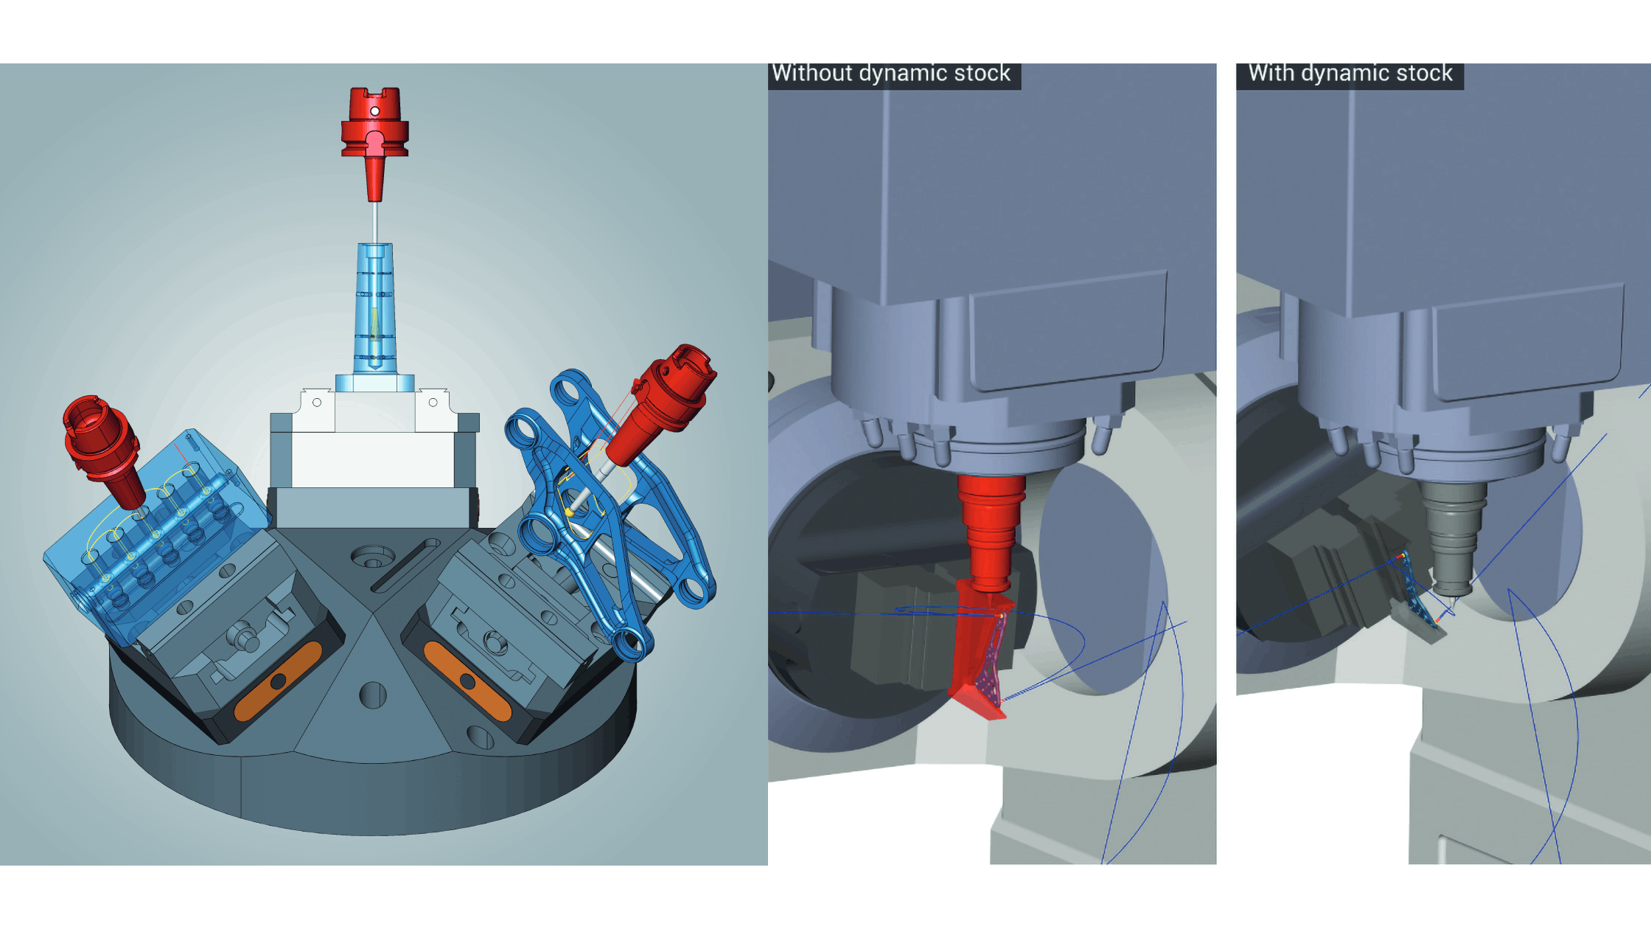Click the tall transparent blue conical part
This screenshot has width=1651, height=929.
(374, 310)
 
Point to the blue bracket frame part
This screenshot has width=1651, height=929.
(612, 531)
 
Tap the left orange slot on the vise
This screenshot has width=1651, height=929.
(279, 681)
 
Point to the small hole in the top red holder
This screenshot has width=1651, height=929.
(374, 111)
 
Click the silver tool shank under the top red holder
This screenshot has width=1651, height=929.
(375, 221)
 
